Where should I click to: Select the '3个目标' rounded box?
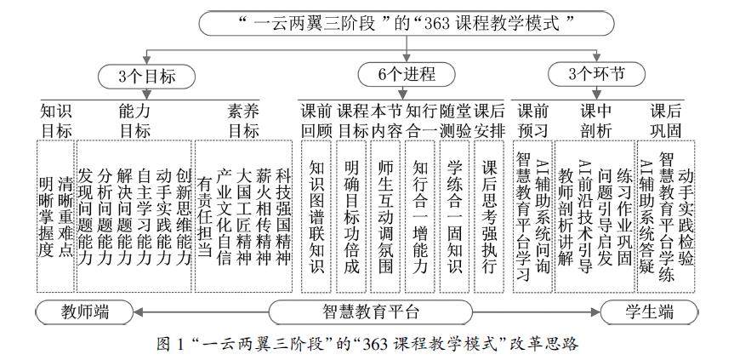pos(146,76)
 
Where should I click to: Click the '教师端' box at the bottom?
pos(84,311)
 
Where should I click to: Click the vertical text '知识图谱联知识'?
pos(316,218)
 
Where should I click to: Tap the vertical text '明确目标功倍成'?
pos(350,218)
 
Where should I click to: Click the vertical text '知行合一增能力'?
pos(418,218)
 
